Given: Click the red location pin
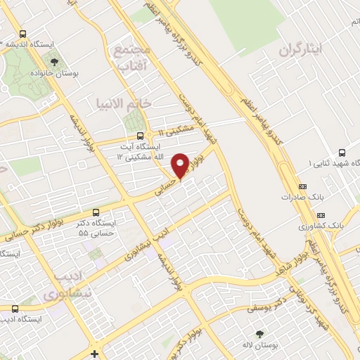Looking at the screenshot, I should pos(181,165).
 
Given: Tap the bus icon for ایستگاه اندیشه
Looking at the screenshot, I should pos(23,34).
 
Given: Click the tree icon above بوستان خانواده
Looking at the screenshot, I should pos(54,62).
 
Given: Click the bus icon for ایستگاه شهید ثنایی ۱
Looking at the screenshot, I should pos(342,153).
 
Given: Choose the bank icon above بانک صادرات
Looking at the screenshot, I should pos(303,186).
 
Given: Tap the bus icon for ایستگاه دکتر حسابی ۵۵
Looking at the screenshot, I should pos(96,212).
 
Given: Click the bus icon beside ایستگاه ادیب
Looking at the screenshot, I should pos(15,308).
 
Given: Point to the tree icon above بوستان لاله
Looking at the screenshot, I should pos(261,333).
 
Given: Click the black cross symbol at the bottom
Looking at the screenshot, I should pos(94,352).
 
